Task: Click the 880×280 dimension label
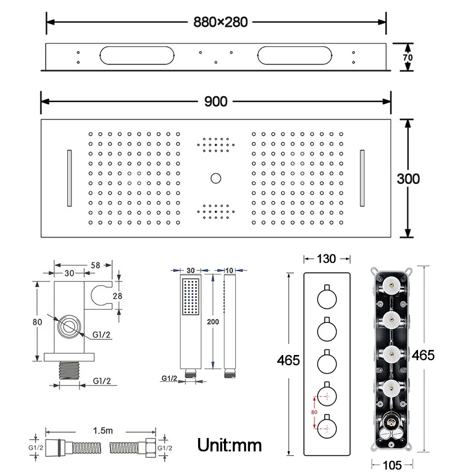(220, 22)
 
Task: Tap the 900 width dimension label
(216, 101)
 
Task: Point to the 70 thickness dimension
(407, 57)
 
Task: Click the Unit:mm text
(230, 446)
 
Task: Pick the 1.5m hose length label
(102, 430)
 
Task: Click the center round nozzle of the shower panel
(216, 178)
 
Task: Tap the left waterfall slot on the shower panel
(68, 178)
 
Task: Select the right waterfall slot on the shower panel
(362, 178)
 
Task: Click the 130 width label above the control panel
(326, 259)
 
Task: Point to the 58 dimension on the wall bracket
(95, 264)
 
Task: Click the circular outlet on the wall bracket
(69, 327)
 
